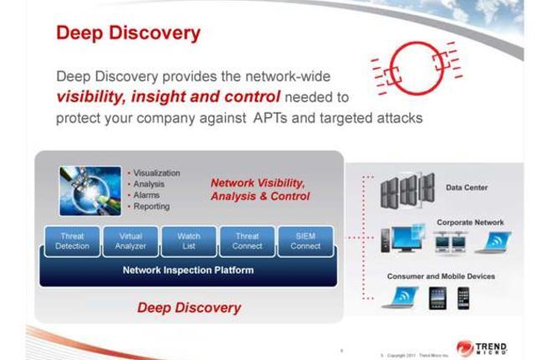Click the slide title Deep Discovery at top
(x=128, y=33)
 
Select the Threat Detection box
(x=72, y=241)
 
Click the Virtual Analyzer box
(x=131, y=241)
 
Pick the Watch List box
(x=188, y=241)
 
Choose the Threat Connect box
(x=247, y=241)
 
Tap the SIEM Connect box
(x=305, y=241)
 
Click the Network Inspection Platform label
(x=187, y=270)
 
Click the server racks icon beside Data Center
(x=407, y=189)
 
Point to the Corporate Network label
(x=470, y=223)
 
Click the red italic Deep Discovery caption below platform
(x=188, y=307)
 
